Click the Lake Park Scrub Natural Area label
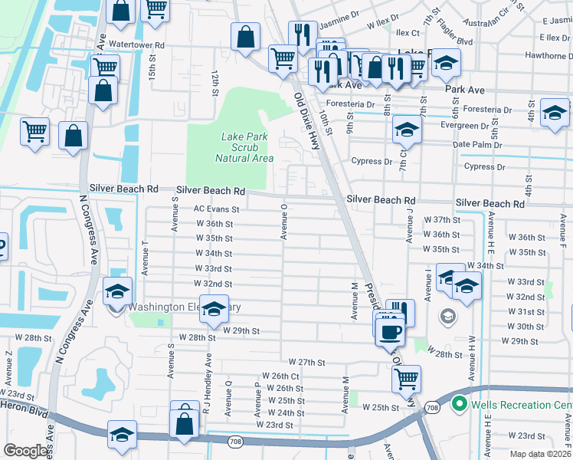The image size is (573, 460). click(x=244, y=147)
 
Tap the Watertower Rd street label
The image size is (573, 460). click(x=137, y=46)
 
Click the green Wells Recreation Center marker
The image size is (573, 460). click(x=460, y=403)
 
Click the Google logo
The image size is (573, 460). click(x=26, y=451)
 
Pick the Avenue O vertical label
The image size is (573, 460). click(x=284, y=222)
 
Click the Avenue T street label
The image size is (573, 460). click(x=145, y=256)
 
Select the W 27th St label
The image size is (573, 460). click(x=307, y=362)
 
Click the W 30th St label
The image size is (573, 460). click(x=526, y=327)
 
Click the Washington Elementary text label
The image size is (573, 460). click(x=184, y=307)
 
